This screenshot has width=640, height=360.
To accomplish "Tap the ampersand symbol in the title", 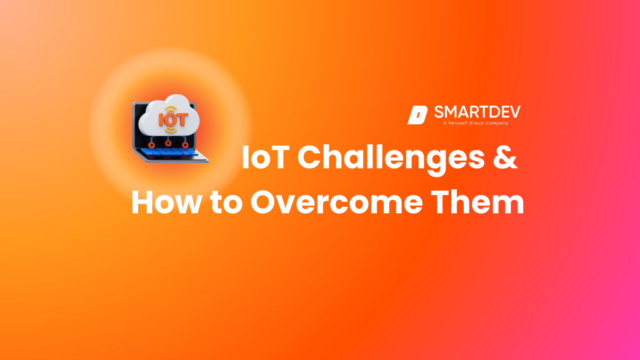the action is (x=505, y=157).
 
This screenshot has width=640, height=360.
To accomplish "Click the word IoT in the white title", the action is (x=265, y=157).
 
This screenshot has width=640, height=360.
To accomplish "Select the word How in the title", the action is (x=166, y=202).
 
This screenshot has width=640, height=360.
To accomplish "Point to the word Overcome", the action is (x=336, y=202).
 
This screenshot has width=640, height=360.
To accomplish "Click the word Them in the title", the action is (x=477, y=202).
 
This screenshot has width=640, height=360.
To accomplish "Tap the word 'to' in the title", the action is (x=226, y=203).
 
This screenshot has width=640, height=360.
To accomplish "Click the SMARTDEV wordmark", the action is (x=477, y=112).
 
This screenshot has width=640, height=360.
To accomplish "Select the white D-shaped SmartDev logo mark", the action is (x=417, y=115).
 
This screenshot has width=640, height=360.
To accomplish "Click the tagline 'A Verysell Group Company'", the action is (x=476, y=123).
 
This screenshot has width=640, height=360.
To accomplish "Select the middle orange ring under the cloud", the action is (x=168, y=143).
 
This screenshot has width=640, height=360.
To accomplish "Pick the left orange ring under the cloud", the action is (x=151, y=145).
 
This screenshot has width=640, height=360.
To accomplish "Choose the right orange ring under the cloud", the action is (x=185, y=145).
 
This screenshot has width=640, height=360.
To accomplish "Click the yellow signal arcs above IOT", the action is (x=171, y=109).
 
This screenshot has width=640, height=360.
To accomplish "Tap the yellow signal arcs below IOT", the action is (x=171, y=130).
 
